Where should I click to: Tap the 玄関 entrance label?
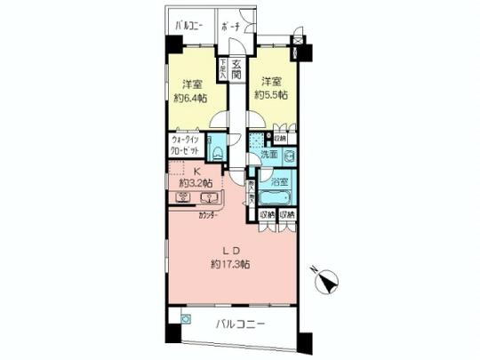236,69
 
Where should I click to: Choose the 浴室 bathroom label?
279,180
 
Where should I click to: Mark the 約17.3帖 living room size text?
230,264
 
